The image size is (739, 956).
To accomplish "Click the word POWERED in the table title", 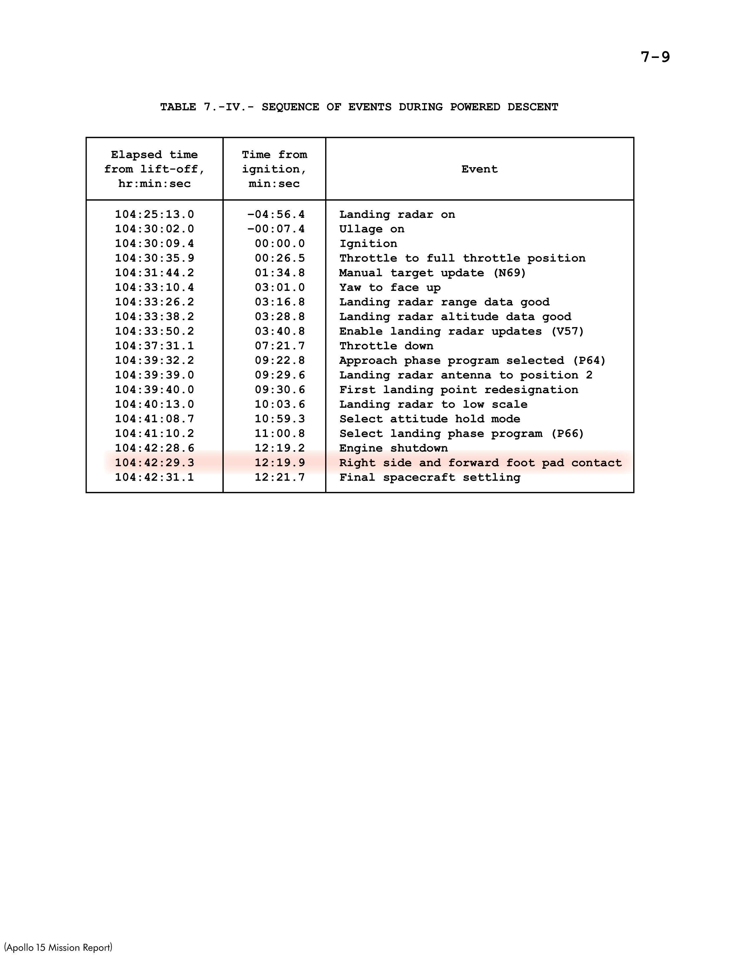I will point(475,107).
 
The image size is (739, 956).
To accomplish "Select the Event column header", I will point(479,169).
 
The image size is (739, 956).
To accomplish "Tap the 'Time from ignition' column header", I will point(274,169).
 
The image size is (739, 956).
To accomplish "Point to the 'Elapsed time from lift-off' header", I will point(154,169).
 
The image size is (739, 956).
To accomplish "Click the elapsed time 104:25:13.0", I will point(154,214).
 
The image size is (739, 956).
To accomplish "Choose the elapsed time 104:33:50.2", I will point(154,331).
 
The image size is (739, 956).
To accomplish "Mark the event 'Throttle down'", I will point(386,346).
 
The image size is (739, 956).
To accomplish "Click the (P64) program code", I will point(589,361).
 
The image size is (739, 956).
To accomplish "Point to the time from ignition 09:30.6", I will point(280,390).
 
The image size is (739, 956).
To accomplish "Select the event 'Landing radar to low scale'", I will point(433,404).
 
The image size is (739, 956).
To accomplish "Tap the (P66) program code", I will point(567,434).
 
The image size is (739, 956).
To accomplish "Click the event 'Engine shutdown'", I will point(393,448).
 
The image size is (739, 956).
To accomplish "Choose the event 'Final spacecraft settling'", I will point(429,477).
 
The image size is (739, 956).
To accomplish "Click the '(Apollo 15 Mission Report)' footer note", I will point(58,947).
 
